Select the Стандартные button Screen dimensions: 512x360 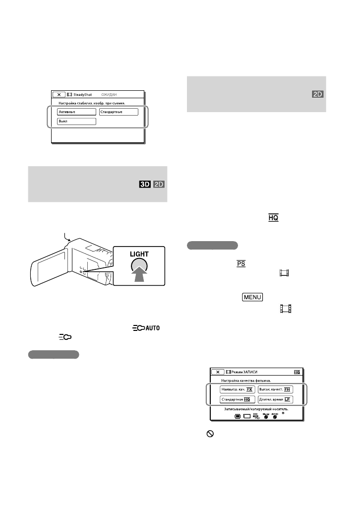[118, 112]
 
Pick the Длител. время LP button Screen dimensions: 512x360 [276, 399]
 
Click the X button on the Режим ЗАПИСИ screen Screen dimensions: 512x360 [217, 371]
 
